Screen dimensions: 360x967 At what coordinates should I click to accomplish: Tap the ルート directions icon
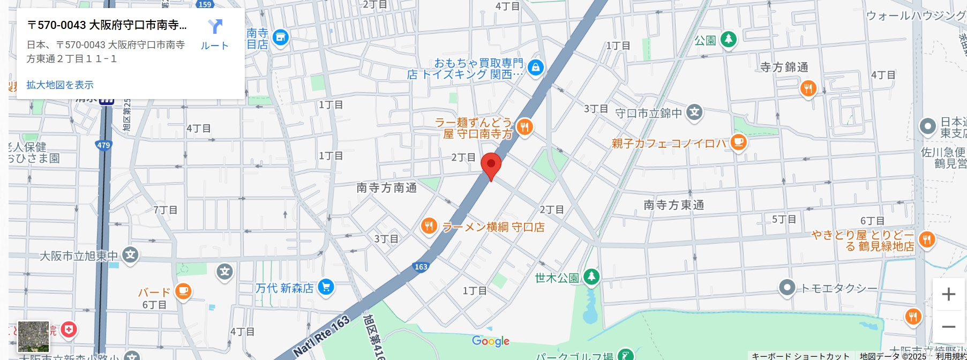click(215, 26)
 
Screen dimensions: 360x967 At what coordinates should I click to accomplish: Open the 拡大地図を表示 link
click(60, 85)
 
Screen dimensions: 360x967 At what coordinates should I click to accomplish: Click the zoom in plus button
click(948, 294)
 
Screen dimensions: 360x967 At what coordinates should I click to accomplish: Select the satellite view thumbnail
click(33, 336)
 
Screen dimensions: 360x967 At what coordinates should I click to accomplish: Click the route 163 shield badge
click(421, 267)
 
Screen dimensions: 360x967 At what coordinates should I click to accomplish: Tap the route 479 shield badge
click(103, 145)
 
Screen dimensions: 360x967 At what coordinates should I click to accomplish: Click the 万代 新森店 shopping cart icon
click(326, 287)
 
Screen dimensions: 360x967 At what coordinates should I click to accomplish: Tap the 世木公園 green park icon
click(591, 277)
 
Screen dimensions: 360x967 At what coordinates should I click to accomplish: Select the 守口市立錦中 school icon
click(695, 112)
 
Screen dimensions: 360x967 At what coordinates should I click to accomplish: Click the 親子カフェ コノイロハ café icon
click(739, 142)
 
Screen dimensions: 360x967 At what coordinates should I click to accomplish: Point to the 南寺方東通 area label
click(673, 205)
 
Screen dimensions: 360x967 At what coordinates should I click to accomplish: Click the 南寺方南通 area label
click(386, 188)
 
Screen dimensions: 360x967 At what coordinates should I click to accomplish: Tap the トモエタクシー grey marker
click(786, 288)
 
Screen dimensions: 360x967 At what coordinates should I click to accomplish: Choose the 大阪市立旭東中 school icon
click(130, 255)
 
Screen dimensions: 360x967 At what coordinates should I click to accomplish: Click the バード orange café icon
click(183, 291)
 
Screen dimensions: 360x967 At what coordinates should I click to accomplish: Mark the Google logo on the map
click(490, 341)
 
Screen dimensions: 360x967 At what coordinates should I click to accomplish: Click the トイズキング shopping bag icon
click(535, 67)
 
